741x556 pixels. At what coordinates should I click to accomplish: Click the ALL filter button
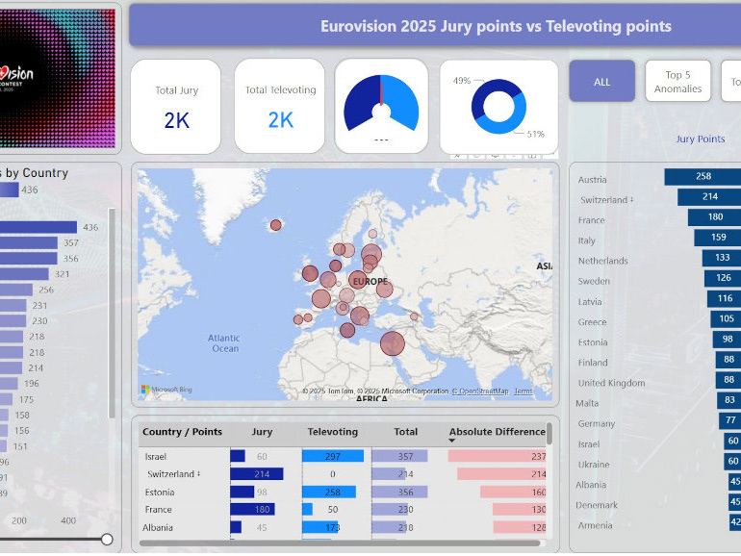click(601, 82)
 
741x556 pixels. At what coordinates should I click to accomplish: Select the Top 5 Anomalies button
click(677, 82)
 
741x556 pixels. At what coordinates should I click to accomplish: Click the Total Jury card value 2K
click(176, 120)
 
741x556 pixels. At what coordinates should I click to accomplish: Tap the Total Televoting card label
click(280, 90)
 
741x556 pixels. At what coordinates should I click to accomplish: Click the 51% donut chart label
click(536, 134)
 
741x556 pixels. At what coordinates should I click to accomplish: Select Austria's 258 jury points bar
click(703, 176)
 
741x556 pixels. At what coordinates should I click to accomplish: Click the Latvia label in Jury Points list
click(590, 302)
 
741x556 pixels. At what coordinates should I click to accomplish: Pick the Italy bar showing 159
click(718, 238)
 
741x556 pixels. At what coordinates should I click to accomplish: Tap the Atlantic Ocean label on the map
click(224, 343)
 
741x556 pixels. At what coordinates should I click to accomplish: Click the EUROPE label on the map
click(370, 281)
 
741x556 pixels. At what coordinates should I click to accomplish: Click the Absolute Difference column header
click(497, 432)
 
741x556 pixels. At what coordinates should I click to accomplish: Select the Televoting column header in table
click(332, 432)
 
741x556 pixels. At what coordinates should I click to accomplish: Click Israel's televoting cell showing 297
click(332, 456)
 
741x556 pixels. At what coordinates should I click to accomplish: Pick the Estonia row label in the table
click(160, 492)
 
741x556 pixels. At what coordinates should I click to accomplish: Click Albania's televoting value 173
click(332, 527)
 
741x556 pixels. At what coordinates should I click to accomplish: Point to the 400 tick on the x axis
click(68, 520)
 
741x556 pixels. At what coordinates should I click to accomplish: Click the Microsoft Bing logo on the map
click(166, 390)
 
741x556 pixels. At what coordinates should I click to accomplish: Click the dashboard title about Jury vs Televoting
click(496, 26)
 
